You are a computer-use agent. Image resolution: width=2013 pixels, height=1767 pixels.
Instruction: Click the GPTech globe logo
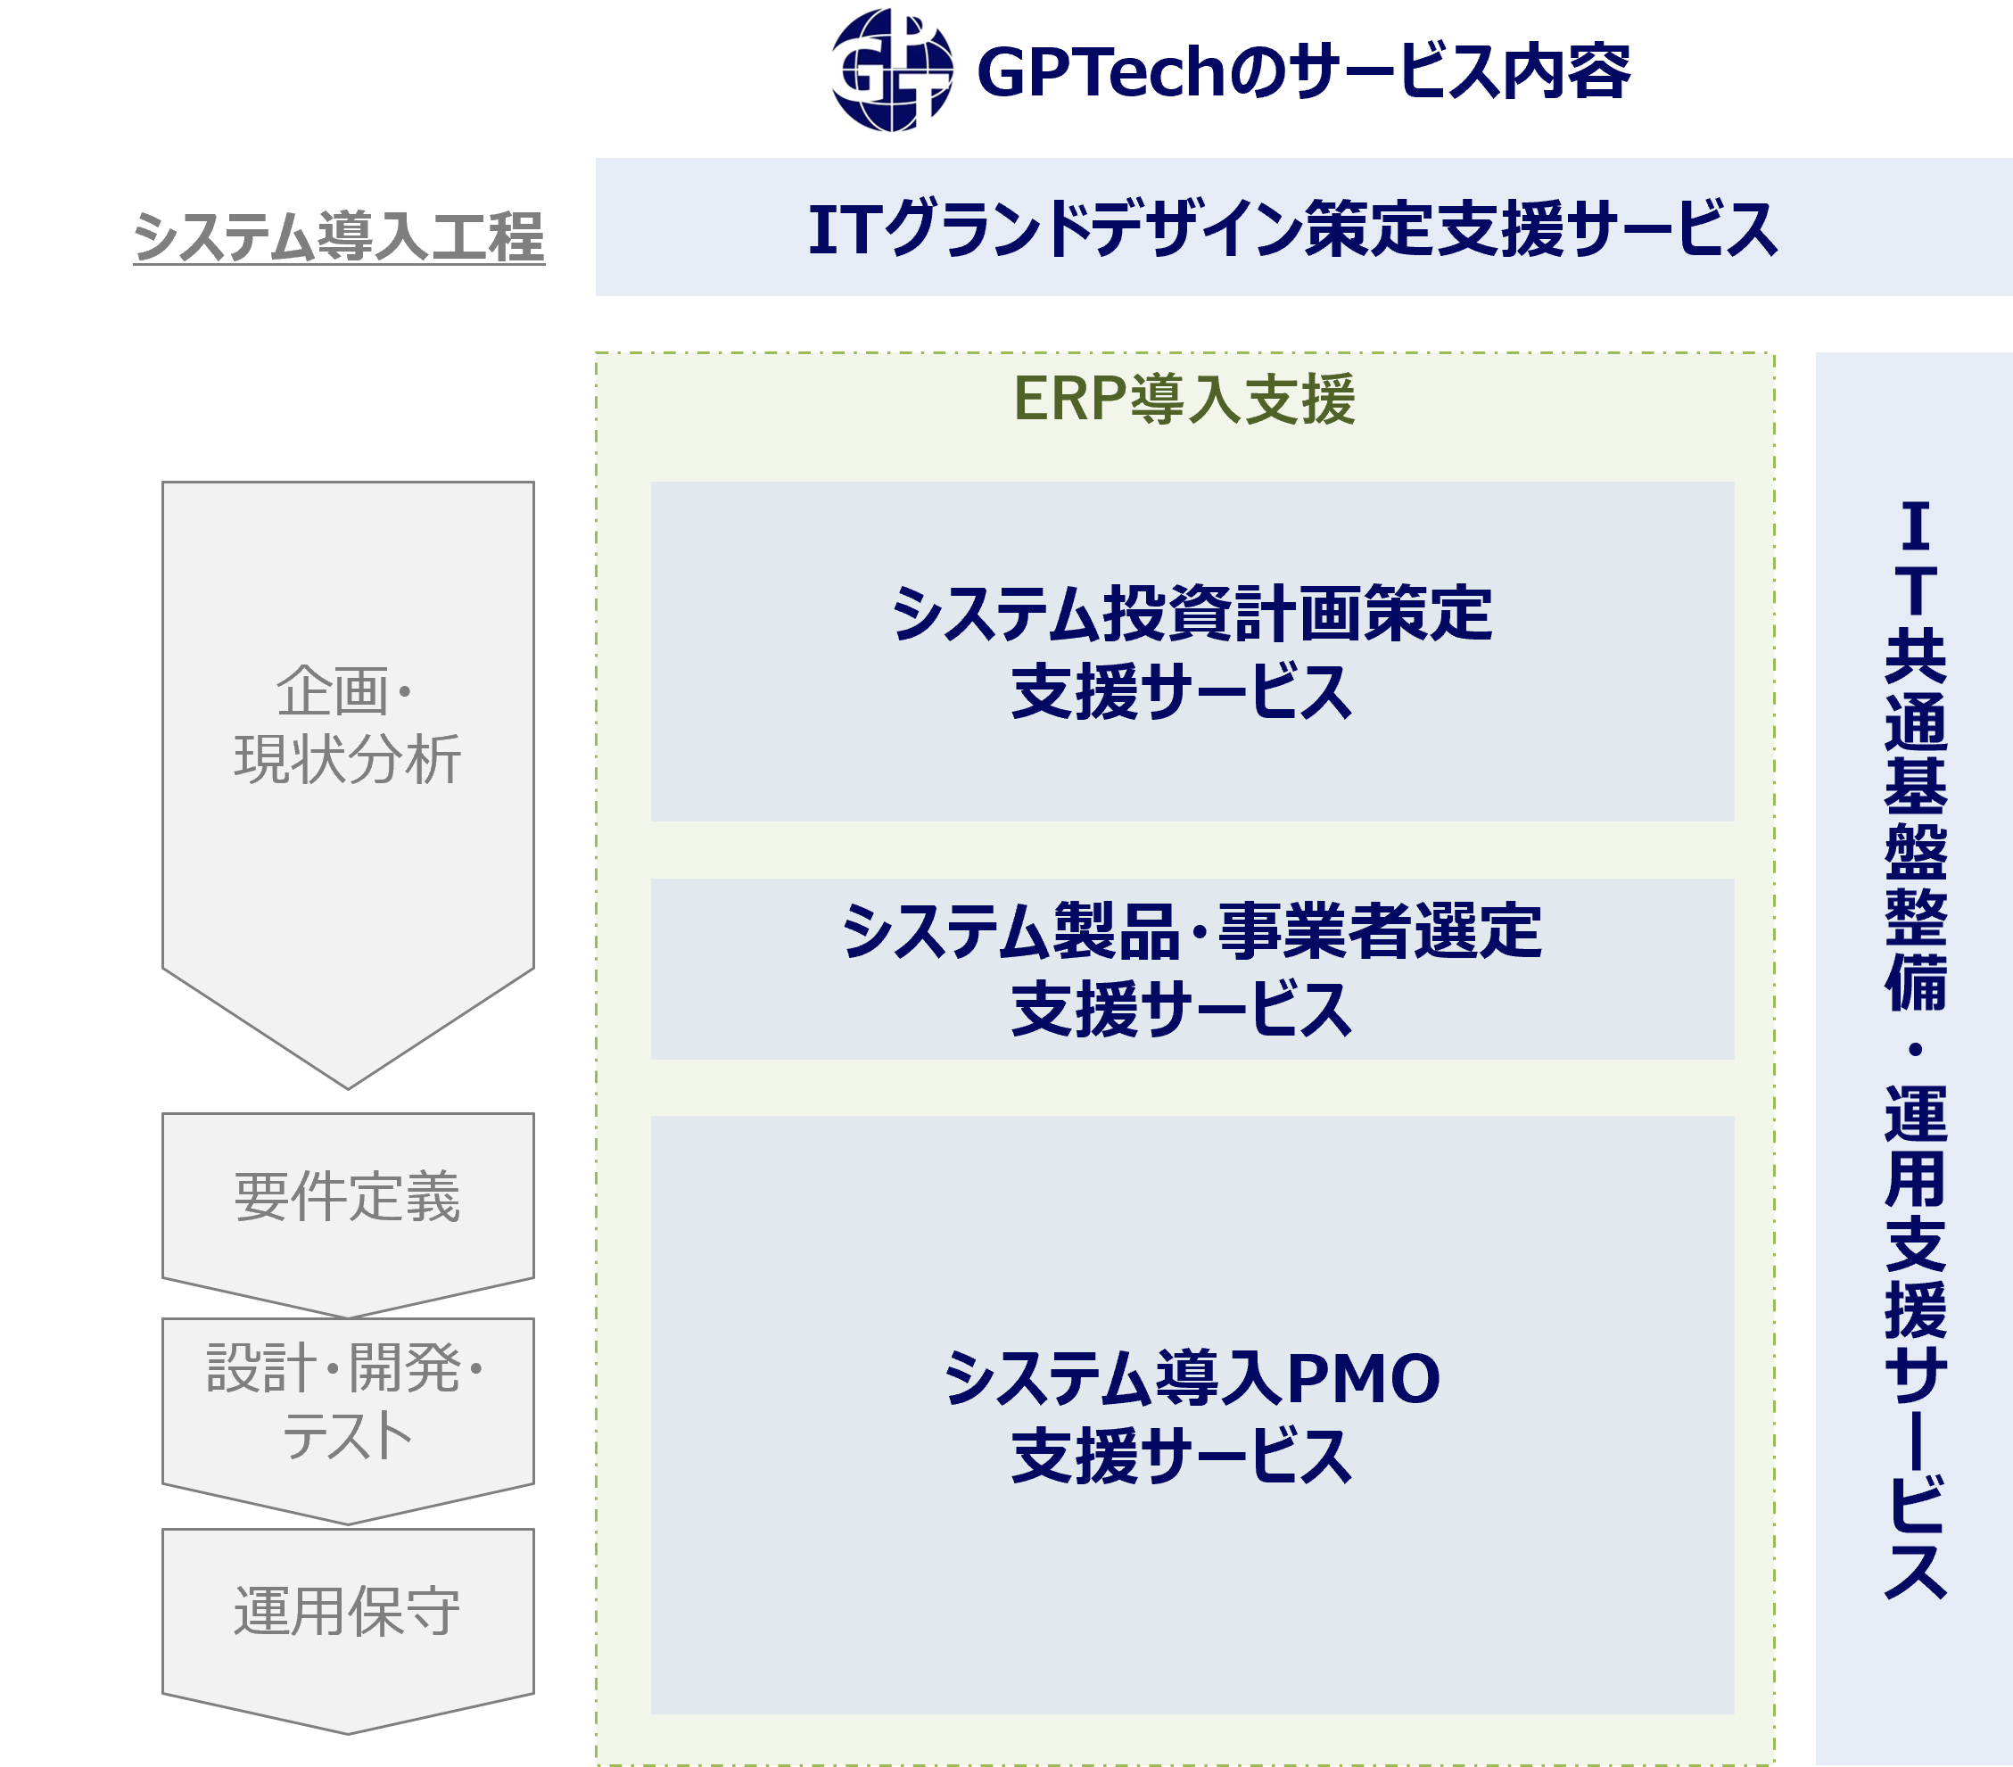[894, 69]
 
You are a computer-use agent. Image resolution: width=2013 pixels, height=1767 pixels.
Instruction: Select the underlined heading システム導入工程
[339, 237]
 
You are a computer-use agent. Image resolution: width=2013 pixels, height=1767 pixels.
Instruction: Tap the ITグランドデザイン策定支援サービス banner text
[1292, 229]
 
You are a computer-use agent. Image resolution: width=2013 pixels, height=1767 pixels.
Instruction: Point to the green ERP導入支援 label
[1184, 400]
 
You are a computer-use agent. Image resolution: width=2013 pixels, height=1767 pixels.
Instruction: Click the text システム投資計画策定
[1192, 614]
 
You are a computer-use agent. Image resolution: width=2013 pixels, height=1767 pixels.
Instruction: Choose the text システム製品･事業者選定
[1192, 932]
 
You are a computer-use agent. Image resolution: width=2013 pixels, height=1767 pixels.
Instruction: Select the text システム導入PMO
[1192, 1378]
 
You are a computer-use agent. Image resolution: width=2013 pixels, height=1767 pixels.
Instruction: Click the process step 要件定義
[348, 1198]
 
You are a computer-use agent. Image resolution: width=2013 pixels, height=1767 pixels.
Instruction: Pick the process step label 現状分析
[348, 758]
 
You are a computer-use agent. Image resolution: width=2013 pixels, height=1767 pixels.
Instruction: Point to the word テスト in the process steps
[348, 1436]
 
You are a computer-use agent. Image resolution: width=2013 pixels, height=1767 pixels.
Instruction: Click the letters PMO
[1363, 1378]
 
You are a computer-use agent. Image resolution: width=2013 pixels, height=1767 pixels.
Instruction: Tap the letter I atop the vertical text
[1915, 527]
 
